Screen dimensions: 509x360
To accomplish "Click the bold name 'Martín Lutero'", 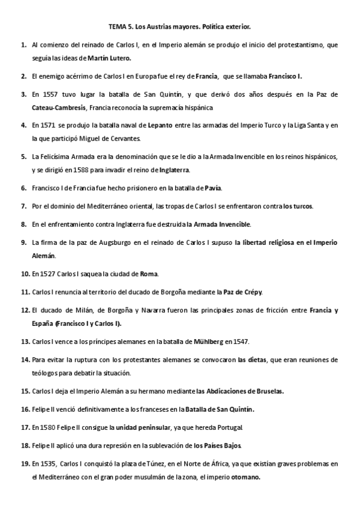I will tap(109, 58).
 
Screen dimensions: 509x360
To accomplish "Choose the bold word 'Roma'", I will tap(148, 274).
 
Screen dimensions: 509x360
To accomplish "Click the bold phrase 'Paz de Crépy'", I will tap(242, 292).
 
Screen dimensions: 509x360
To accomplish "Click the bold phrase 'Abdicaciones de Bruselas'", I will tap(241, 391).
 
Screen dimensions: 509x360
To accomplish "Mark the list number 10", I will tap(25, 274).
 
